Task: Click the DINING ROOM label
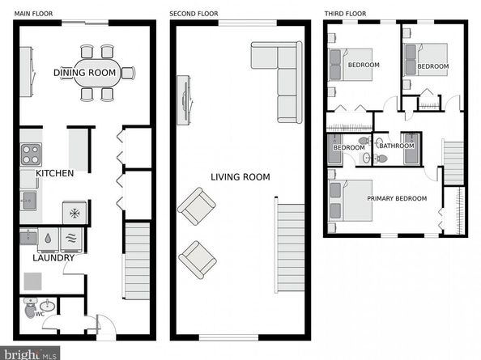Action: pos(85,73)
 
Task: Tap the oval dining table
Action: pos(97,74)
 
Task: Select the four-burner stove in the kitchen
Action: pos(31,154)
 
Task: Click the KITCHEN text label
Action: pos(54,173)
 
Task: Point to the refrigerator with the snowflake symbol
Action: pos(74,213)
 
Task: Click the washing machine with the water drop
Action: pos(48,239)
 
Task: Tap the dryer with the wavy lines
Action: pos(71,239)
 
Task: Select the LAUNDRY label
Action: pos(53,258)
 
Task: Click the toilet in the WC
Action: pos(30,308)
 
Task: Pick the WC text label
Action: pos(40,314)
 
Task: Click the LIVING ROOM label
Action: pos(240,177)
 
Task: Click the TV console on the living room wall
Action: pos(185,100)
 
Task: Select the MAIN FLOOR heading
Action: pos(33,14)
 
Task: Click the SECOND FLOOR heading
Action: pos(194,14)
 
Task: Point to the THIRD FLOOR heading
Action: pos(345,14)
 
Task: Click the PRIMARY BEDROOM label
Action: pos(397,198)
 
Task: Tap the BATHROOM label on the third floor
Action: pos(397,146)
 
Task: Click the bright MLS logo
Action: pos(30,354)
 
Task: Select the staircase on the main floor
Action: pos(137,261)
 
